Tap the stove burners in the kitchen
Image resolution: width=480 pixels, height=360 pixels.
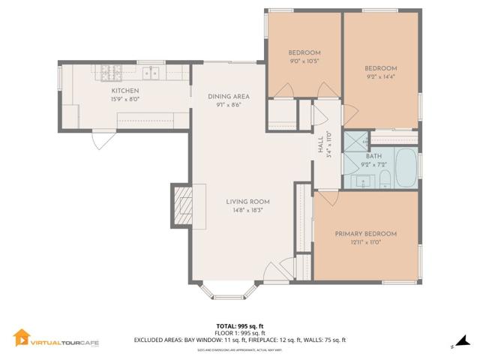[x=110, y=73]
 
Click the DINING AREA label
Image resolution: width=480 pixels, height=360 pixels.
[x=229, y=96]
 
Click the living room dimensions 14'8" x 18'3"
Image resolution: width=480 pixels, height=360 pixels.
[x=248, y=211]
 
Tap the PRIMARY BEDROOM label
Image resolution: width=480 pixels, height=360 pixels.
[x=366, y=233]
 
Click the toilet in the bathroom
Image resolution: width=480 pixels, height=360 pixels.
[x=384, y=178]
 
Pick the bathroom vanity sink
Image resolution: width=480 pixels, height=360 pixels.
[x=363, y=181]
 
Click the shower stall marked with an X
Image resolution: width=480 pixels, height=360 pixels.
[x=356, y=140]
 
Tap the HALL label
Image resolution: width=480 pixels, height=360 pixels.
[x=320, y=152]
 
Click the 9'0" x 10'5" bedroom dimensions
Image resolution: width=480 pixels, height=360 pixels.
[x=304, y=61]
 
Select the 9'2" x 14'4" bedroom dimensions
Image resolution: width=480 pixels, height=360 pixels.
[x=380, y=76]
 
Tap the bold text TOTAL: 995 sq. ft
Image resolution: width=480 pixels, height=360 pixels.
[x=239, y=325]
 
